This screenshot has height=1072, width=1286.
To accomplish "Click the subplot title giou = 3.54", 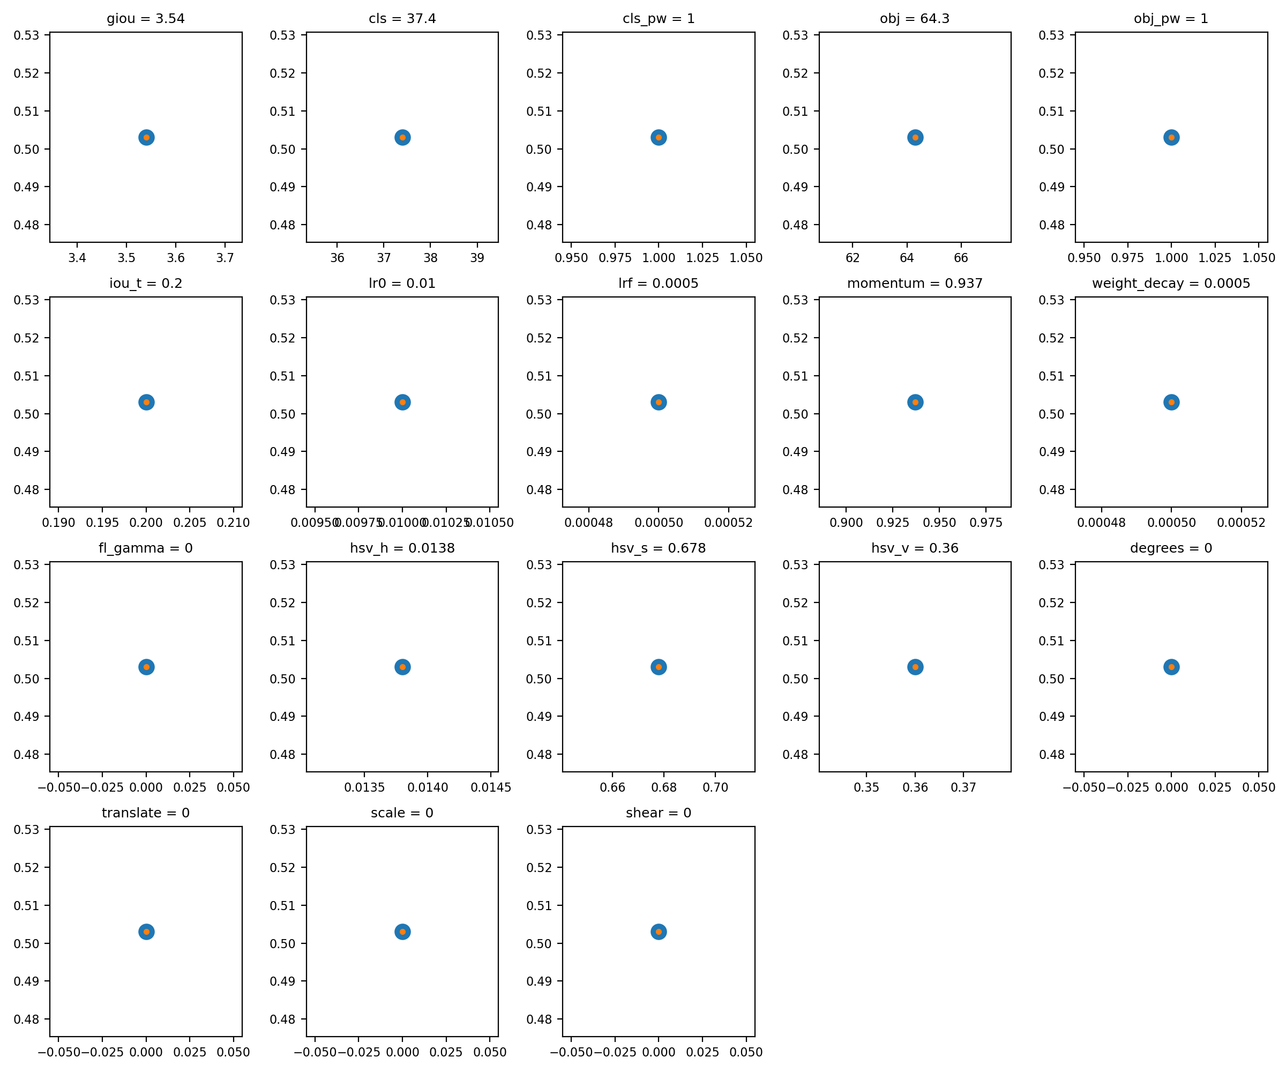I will tap(146, 18).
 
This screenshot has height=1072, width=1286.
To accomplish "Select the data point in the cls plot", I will tap(402, 137).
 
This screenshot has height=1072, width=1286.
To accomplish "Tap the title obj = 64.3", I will tap(914, 18).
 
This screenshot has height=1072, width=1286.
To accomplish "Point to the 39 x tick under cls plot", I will tap(477, 258).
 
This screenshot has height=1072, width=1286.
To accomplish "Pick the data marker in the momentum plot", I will tap(915, 403).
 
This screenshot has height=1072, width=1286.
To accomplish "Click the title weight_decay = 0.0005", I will tap(1171, 283).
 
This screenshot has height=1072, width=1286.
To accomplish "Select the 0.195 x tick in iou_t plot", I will tap(102, 523).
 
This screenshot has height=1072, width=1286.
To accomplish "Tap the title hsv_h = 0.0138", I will tap(402, 548).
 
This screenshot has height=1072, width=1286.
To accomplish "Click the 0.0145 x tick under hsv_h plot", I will tap(490, 787).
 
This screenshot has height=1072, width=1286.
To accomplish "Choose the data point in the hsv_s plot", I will tap(659, 667).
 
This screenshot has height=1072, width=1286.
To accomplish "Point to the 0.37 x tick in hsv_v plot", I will tap(963, 787).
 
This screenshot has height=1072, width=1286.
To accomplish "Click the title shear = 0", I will tap(659, 813).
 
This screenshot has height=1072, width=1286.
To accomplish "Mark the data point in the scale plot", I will tap(402, 932).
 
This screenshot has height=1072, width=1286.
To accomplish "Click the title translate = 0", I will tap(146, 813).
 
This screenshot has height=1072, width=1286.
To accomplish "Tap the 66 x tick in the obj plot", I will tap(961, 258).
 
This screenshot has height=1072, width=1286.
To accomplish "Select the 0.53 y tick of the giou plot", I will tap(26, 35).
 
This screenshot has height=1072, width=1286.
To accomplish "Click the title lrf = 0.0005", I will tap(659, 283).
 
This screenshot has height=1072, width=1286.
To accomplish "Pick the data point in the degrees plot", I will tap(1171, 667).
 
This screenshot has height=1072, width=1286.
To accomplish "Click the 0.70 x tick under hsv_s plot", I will tap(715, 787).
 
